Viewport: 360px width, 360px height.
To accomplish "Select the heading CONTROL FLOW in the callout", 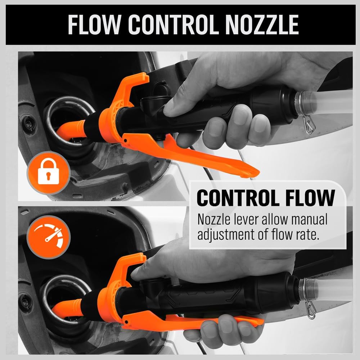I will point(266,198).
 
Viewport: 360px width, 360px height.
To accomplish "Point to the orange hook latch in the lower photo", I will point(131,265).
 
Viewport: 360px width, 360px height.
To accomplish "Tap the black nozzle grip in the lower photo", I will point(216,295).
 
